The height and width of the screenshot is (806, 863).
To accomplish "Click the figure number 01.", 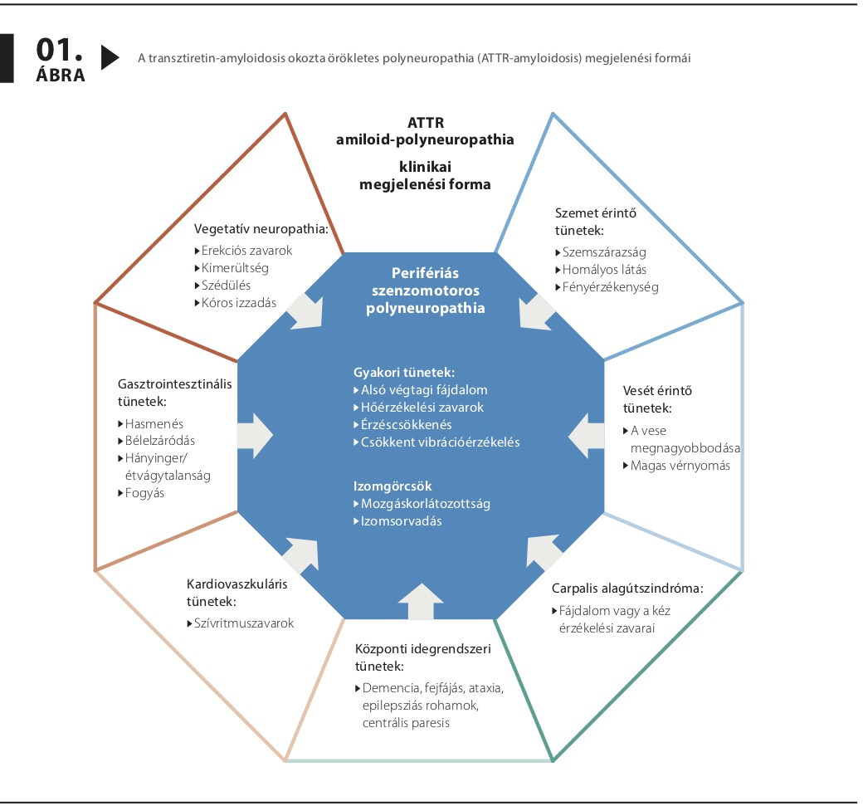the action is (x=60, y=50).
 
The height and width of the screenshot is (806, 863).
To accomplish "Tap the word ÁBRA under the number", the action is (x=61, y=75).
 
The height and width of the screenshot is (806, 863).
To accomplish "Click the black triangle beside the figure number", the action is (x=110, y=57).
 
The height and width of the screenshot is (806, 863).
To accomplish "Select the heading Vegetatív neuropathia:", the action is (x=261, y=229).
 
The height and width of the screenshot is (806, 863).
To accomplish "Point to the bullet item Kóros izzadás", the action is (x=236, y=303).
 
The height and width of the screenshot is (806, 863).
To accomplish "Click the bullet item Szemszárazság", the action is (x=601, y=252).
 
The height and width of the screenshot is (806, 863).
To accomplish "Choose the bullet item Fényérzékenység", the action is (x=607, y=287).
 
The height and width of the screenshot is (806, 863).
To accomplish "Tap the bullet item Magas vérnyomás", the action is (x=676, y=466).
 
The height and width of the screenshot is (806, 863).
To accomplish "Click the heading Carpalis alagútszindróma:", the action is (x=627, y=589).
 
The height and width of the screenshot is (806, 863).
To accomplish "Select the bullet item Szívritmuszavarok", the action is (x=241, y=623).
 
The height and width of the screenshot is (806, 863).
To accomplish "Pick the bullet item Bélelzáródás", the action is (x=156, y=441).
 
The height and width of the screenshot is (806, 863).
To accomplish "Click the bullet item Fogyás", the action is (x=141, y=493).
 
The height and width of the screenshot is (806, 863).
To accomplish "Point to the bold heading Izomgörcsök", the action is (x=392, y=486).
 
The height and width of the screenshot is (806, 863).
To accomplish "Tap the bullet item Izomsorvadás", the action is (x=397, y=520).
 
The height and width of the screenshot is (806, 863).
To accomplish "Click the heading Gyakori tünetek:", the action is (x=404, y=373).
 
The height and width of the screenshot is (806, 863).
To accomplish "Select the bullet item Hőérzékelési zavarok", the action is (x=418, y=408).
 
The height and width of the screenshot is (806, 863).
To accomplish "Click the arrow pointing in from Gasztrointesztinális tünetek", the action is (x=255, y=436).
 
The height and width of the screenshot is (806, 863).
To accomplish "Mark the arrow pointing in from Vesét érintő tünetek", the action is (x=586, y=436).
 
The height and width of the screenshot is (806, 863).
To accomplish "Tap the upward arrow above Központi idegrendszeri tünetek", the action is (x=421, y=601).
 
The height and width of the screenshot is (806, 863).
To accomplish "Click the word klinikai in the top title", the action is (x=425, y=167).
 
